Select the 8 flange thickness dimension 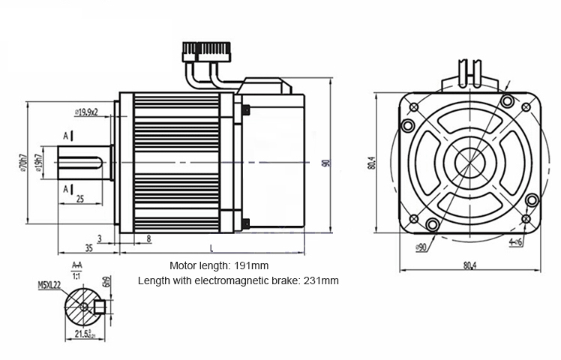click(148, 238)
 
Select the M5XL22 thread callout click(51, 286)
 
